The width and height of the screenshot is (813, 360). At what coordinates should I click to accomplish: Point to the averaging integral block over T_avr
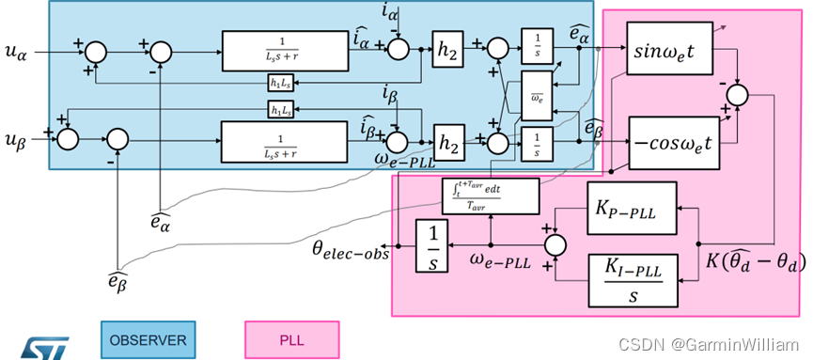tap(491, 195)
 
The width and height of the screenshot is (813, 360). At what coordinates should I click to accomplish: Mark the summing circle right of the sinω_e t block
tap(738, 92)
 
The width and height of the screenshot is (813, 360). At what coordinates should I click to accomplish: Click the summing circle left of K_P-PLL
tap(557, 245)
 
